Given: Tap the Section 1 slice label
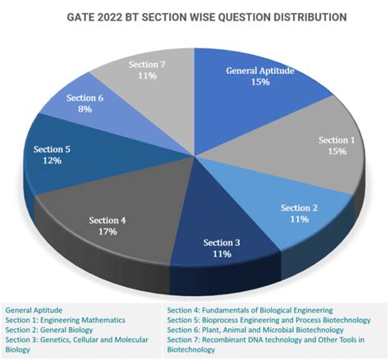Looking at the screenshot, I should (336, 139).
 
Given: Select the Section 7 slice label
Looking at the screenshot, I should (149, 64).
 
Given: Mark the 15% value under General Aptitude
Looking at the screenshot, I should (258, 82).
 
